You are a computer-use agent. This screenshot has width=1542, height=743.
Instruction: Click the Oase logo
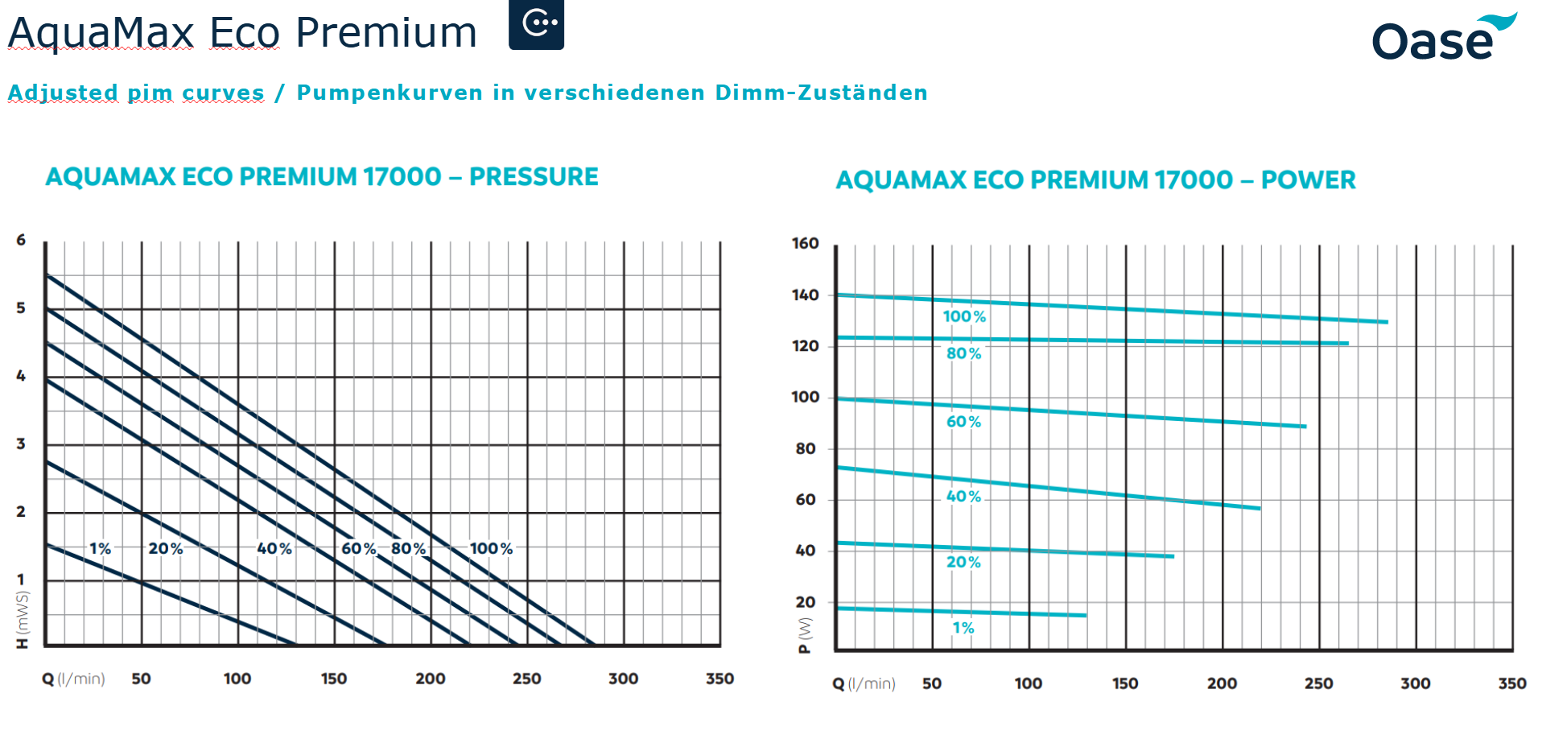[1443, 39]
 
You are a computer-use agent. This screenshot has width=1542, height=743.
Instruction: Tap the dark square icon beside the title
[536, 24]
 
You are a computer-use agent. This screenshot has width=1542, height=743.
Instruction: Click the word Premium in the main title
[386, 34]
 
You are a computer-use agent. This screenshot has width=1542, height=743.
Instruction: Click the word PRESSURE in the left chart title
[534, 177]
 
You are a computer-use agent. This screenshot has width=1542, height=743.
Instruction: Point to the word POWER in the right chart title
[1308, 180]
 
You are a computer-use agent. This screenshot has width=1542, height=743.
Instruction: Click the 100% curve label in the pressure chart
[491, 549]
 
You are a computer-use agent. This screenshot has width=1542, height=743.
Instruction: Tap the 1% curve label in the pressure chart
[100, 549]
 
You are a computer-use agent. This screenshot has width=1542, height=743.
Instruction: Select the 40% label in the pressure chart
[274, 549]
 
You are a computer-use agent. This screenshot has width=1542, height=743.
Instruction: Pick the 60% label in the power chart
[963, 422]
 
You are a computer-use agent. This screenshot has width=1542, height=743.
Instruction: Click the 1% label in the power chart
[963, 628]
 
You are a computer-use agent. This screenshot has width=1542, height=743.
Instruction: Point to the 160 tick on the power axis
[805, 243]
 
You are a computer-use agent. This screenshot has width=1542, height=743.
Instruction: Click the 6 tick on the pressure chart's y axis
[21, 240]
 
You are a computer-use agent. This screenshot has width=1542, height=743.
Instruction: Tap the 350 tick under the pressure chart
[719, 679]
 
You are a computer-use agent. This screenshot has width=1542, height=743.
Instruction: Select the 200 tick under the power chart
[1222, 683]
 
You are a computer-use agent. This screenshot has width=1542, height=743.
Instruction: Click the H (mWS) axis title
[23, 620]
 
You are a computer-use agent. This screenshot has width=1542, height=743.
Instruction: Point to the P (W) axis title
[805, 635]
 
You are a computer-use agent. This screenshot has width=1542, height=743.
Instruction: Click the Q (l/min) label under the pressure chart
[73, 679]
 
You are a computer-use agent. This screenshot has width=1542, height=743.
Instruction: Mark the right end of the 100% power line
[1387, 322]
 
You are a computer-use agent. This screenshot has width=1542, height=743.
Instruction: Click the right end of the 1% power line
[1086, 616]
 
